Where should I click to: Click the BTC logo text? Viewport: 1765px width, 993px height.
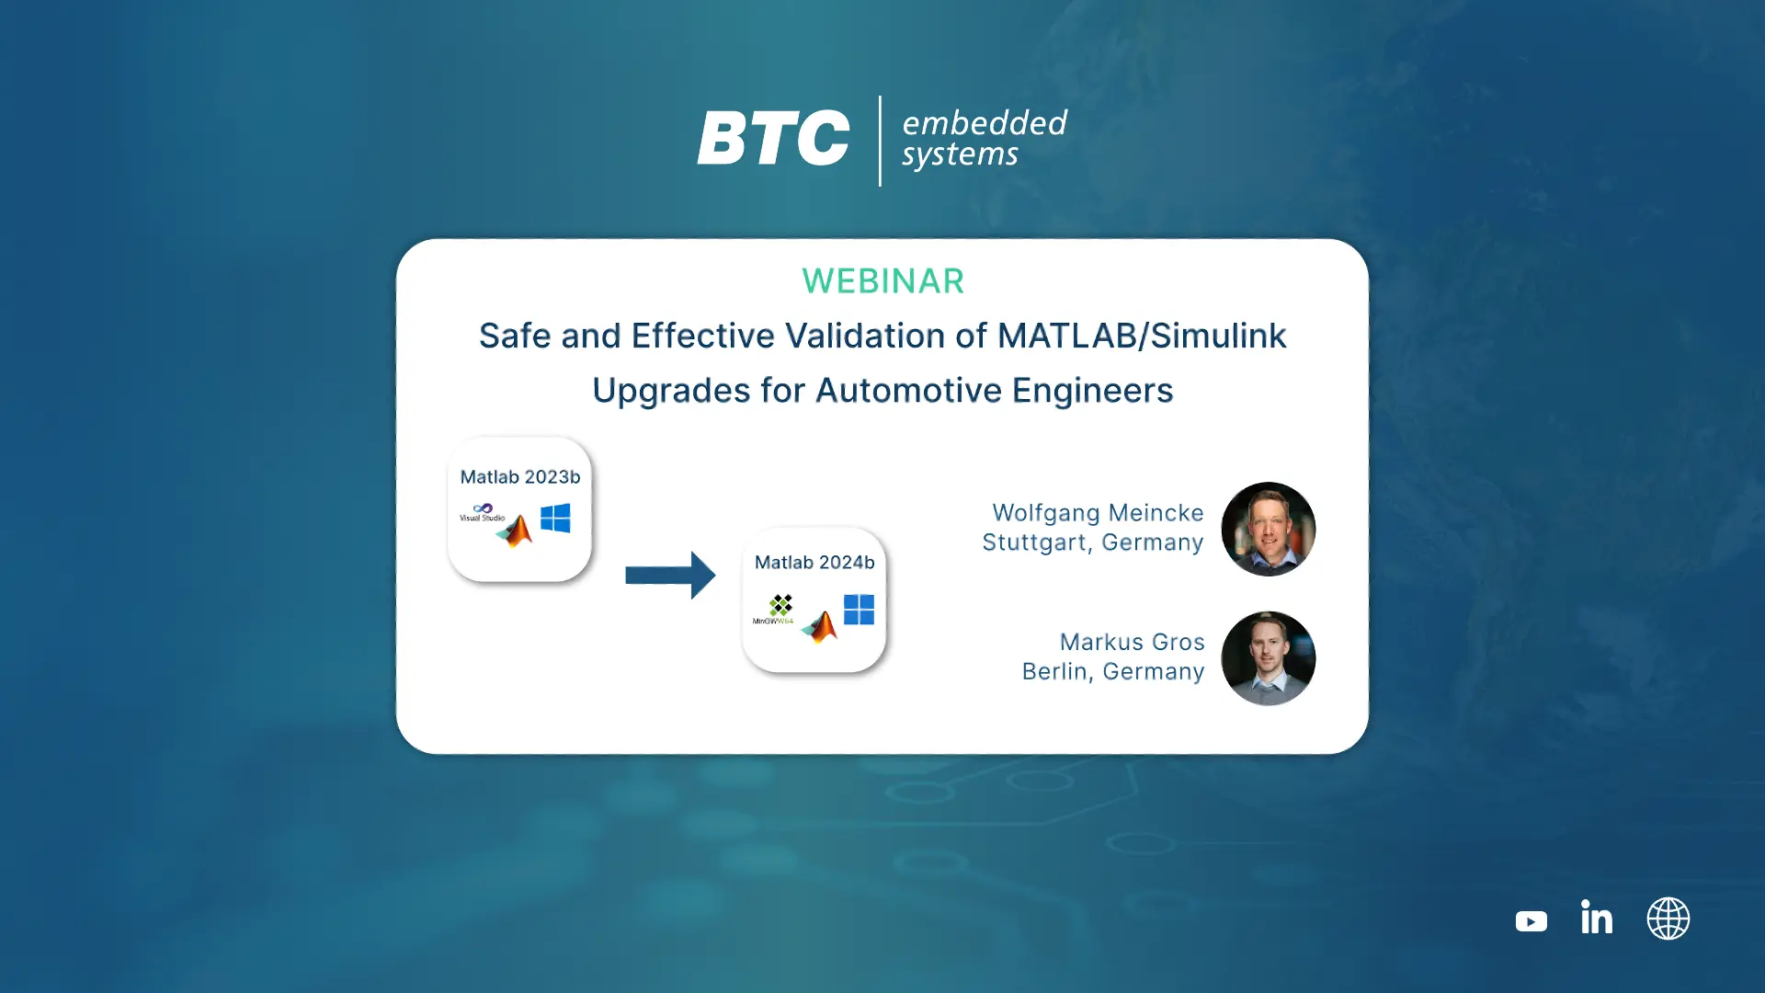pos(773,139)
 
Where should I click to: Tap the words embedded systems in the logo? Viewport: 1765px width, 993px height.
pos(984,139)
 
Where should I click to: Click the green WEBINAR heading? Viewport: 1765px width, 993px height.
pos(882,281)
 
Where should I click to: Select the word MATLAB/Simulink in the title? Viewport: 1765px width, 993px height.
pos(1142,336)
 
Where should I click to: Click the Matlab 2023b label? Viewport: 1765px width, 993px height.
pos(520,477)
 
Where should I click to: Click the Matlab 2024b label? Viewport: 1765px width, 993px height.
pos(814,563)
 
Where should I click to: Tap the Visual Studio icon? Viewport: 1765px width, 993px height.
pos(483,512)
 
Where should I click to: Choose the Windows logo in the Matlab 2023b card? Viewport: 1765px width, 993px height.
pos(555,519)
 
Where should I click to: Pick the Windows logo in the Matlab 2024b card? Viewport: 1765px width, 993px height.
pos(859,610)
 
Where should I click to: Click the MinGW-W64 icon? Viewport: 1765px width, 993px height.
pos(775,610)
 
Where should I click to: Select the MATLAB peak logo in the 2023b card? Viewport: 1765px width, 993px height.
pos(515,531)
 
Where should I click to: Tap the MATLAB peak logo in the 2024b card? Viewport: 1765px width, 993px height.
pos(820,627)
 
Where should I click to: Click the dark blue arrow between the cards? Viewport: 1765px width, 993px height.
pos(670,576)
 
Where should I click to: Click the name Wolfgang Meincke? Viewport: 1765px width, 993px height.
pos(1098,513)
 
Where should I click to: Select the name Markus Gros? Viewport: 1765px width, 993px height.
pos(1132,642)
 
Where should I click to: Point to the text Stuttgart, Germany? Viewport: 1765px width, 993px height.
pos(1092,542)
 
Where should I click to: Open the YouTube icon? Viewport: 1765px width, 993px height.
pos(1532,921)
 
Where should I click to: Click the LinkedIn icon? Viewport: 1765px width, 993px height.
pos(1597,917)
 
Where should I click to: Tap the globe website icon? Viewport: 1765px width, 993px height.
pos(1668,919)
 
